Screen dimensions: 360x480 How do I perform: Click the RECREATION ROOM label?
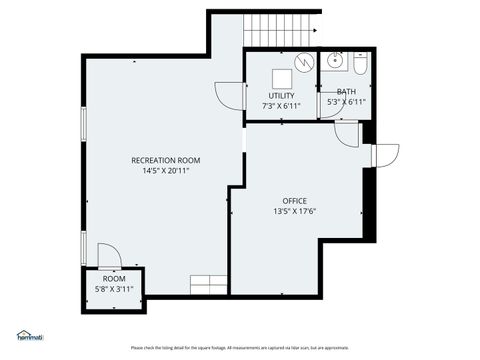click(x=166, y=160)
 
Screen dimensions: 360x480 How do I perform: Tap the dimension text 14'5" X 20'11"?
click(x=166, y=171)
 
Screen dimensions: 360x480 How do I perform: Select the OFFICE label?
click(x=294, y=200)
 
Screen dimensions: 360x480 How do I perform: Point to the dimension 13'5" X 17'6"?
click(x=294, y=211)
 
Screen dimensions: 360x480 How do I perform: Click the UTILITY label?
click(x=281, y=95)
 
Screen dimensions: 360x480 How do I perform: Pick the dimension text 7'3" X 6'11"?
click(x=281, y=105)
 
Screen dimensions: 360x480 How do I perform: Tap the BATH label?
click(x=346, y=92)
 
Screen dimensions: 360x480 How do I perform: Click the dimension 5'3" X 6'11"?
click(x=346, y=102)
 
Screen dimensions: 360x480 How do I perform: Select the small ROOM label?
click(x=113, y=280)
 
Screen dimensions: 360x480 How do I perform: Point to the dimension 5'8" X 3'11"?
click(x=113, y=290)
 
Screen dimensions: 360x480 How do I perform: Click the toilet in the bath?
click(x=362, y=63)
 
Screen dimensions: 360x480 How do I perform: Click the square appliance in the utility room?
click(x=302, y=63)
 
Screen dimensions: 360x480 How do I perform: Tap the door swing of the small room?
click(x=111, y=258)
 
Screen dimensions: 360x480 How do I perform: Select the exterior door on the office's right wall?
click(x=385, y=155)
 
